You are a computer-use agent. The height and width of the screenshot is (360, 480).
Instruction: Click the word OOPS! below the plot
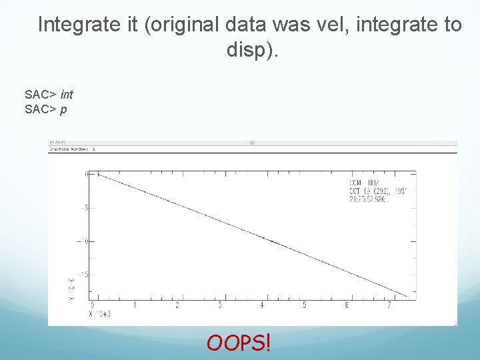[x=239, y=343]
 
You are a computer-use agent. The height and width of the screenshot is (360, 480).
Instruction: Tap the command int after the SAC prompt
[x=66, y=95]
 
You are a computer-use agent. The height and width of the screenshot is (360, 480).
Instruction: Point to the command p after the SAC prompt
[x=63, y=109]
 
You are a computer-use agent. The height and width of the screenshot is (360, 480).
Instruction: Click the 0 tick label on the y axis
[x=86, y=174]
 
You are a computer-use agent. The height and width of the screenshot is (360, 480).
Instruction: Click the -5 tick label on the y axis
[x=84, y=207]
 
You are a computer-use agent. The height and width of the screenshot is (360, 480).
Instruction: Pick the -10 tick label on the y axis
[x=83, y=241]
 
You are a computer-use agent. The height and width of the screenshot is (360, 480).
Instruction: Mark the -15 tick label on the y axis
[x=83, y=273]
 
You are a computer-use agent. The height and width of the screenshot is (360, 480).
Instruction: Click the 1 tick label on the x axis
[x=135, y=306]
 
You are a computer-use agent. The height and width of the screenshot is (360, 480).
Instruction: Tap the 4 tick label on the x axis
[x=262, y=306]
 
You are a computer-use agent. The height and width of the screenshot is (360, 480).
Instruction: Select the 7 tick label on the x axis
[x=389, y=306]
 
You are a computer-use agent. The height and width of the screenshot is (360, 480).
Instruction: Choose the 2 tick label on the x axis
[x=177, y=306]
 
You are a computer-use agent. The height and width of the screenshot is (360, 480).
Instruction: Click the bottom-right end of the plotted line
[x=407, y=296]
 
